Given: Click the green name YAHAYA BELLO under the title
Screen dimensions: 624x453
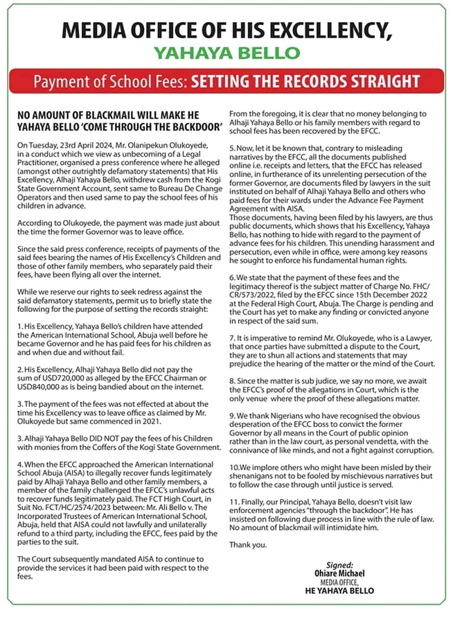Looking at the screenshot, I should pyautogui.click(x=226, y=53).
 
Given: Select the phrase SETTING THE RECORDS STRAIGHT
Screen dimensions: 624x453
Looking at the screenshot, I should pyautogui.click(x=305, y=82).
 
